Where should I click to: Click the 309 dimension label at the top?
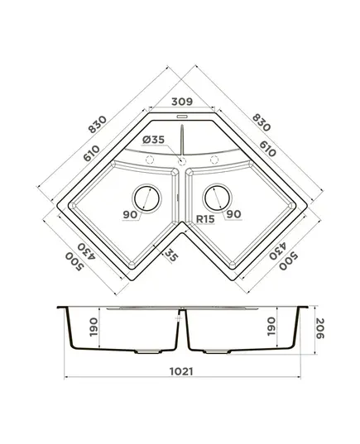(182, 102)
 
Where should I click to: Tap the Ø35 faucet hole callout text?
(153, 140)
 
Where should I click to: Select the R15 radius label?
(205, 219)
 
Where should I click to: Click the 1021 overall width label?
(181, 371)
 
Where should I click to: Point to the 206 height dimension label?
(319, 328)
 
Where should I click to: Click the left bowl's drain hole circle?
(146, 198)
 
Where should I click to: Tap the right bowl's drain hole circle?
(218, 198)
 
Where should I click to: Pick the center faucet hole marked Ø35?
(182, 161)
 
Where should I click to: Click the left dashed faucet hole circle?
(150, 160)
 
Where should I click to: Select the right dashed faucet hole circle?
(214, 160)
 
